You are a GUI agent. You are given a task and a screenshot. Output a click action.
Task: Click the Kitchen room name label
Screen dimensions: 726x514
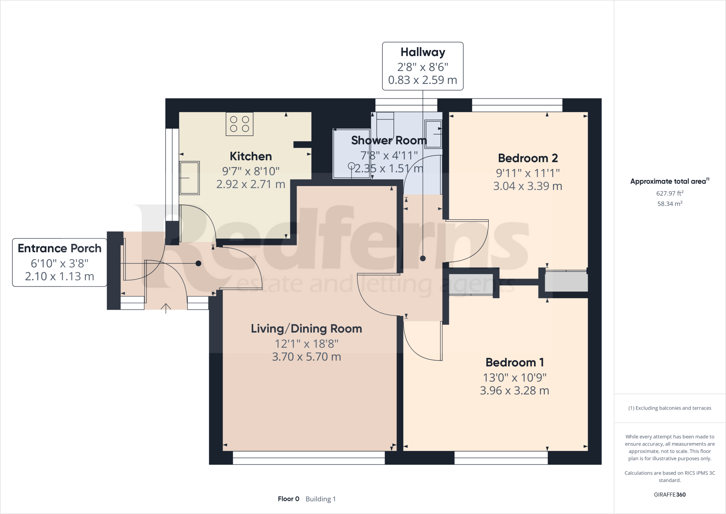[251, 156]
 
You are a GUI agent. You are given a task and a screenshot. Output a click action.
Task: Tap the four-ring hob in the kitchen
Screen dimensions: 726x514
[240, 124]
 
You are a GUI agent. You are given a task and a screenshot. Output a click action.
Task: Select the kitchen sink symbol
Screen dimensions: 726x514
[189, 178]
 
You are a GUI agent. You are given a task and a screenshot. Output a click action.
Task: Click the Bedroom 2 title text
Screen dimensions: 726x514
[528, 158]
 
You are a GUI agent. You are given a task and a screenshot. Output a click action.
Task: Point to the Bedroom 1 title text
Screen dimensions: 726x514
[514, 362]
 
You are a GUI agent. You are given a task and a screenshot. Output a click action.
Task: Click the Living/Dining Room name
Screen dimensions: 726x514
[307, 329]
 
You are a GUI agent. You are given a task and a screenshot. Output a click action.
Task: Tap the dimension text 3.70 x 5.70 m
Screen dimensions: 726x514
[307, 357]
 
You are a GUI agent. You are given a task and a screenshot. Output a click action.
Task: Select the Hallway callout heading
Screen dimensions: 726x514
[423, 52]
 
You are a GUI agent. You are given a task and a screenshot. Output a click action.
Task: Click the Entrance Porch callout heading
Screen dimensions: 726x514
[60, 248]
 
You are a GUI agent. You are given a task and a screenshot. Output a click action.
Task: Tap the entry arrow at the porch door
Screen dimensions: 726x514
[166, 308]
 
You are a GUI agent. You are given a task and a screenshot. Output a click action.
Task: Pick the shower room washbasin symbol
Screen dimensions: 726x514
[433, 134]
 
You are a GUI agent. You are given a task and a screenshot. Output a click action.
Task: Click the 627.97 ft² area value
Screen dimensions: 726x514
[670, 193]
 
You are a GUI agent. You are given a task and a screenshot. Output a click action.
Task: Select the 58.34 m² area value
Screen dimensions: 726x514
[670, 203]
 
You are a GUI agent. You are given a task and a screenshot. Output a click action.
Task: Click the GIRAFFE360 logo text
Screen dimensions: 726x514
[670, 494]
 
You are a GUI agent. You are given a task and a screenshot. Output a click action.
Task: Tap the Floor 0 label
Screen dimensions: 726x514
[289, 499]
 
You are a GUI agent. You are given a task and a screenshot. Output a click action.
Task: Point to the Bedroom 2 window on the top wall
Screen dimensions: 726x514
[517, 105]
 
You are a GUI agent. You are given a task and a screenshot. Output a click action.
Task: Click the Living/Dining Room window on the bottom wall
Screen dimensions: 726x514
[309, 458]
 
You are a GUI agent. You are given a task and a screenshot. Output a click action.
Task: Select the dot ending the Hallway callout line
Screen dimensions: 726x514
[423, 258]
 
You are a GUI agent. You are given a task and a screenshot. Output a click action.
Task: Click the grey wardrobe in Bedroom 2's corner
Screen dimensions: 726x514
[566, 281]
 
